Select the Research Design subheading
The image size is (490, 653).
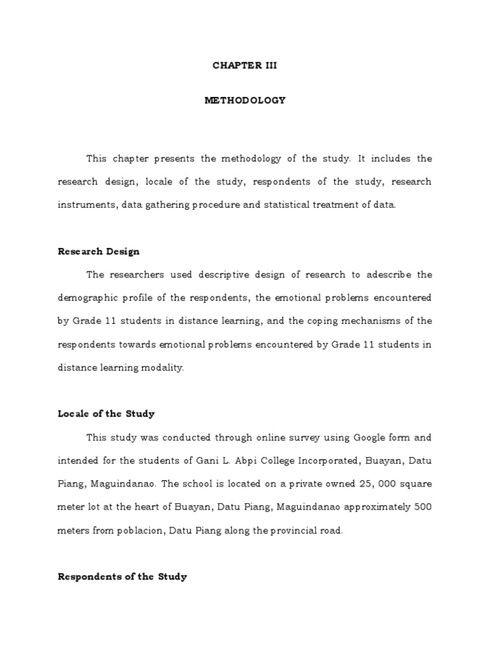point(99,251)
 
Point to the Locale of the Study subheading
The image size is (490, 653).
point(106,414)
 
